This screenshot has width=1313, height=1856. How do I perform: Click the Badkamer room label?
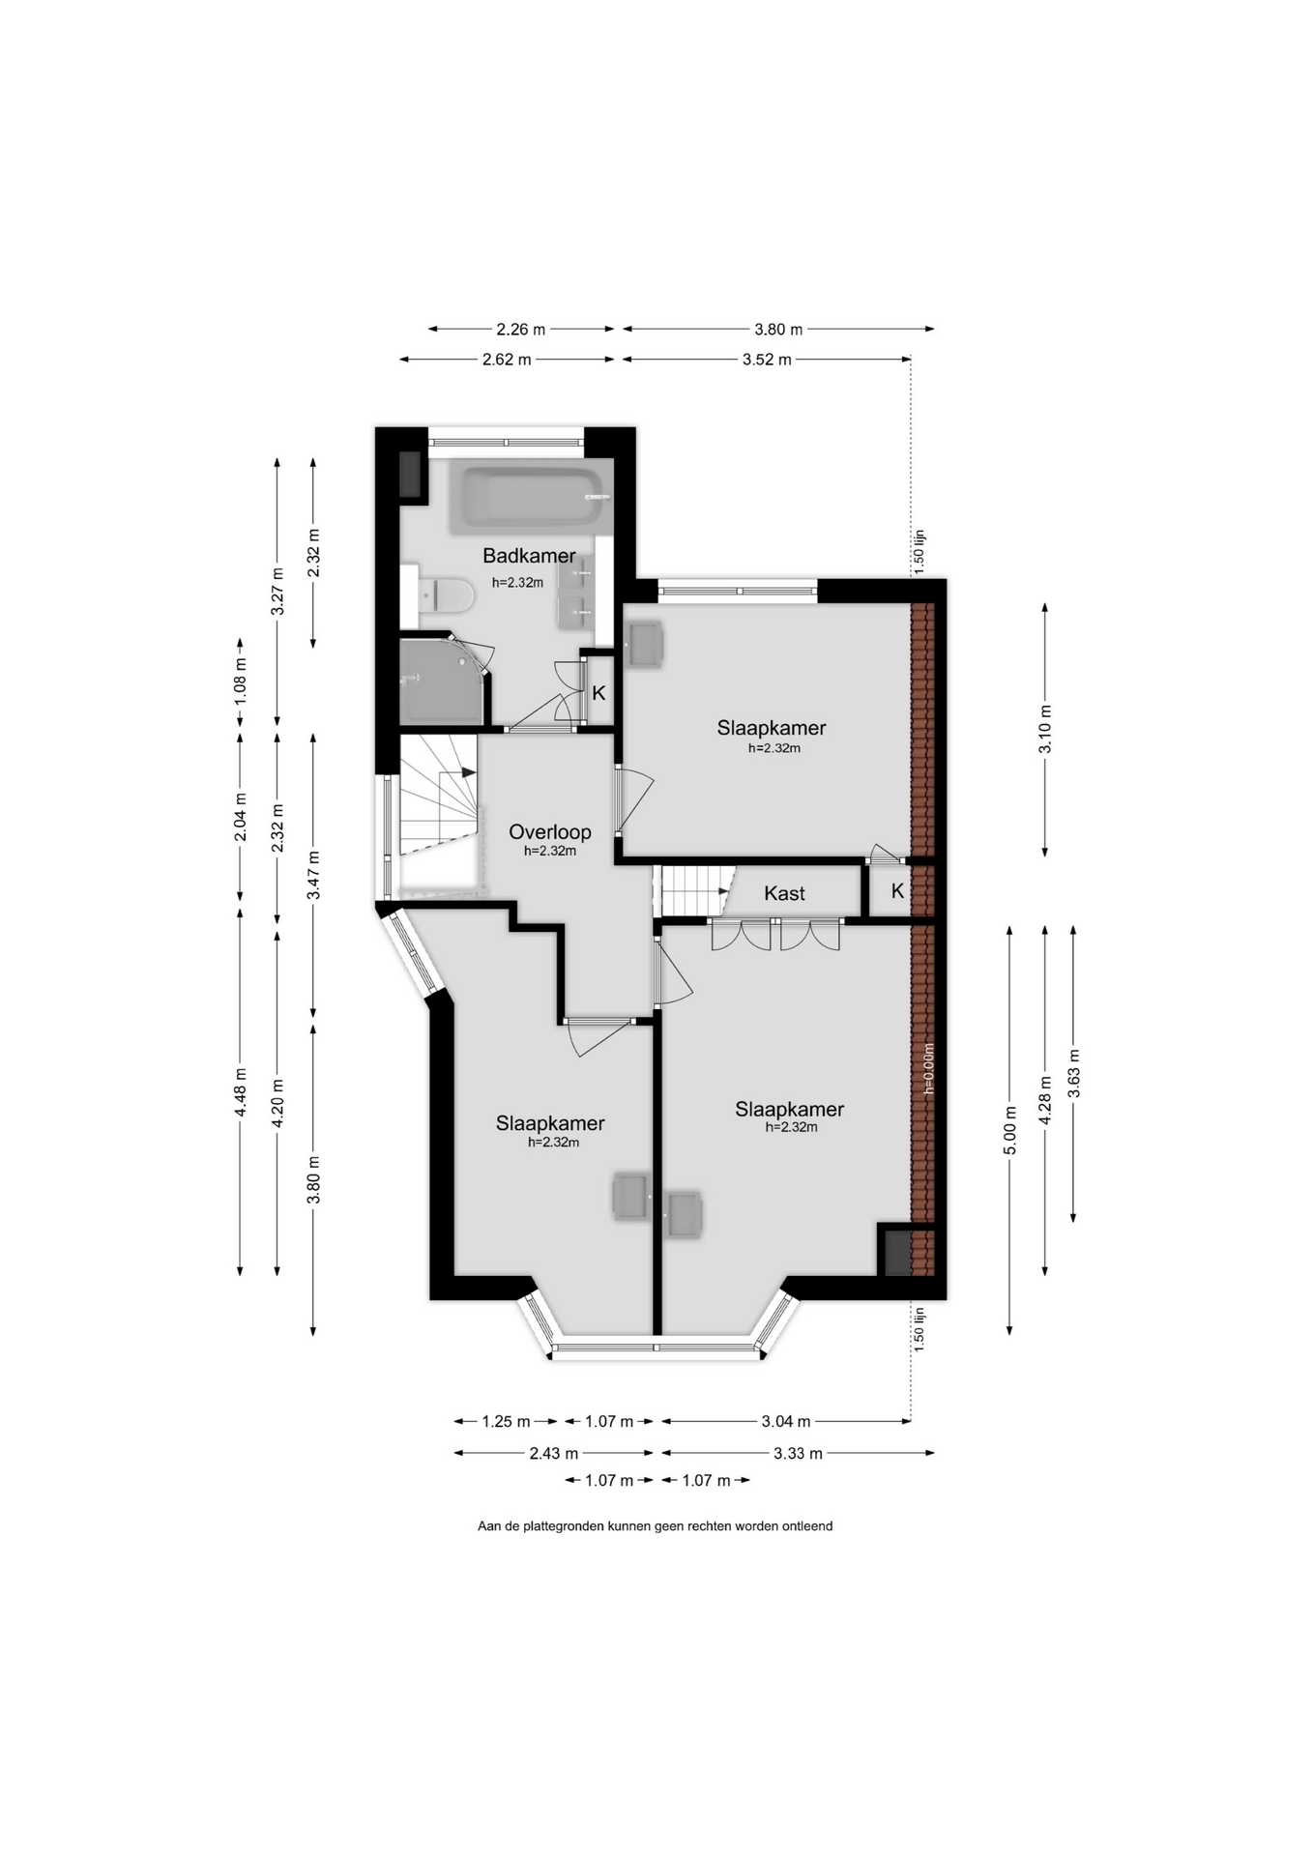(x=529, y=556)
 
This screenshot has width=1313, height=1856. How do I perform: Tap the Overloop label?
(x=550, y=831)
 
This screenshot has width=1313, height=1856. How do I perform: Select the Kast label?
(x=784, y=893)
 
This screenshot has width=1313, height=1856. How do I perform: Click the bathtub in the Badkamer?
(x=529, y=499)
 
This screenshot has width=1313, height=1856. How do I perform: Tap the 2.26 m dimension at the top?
(x=521, y=329)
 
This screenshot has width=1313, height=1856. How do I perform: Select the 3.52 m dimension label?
(x=767, y=360)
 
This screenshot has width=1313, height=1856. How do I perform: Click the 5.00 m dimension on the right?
(x=1009, y=1130)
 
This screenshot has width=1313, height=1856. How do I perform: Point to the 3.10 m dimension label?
(x=1045, y=730)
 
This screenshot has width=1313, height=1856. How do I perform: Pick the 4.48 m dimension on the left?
(x=241, y=1092)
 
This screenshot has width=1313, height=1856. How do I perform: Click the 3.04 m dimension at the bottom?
(x=786, y=1421)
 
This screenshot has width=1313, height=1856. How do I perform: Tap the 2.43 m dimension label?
(x=554, y=1453)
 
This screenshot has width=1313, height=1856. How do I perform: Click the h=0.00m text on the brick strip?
(x=928, y=1068)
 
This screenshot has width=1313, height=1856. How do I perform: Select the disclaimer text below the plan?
(x=656, y=1526)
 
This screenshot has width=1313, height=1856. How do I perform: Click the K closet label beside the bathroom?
(x=598, y=693)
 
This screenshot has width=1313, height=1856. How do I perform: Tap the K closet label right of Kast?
(x=897, y=891)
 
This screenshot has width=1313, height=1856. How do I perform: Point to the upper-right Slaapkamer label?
(x=772, y=728)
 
